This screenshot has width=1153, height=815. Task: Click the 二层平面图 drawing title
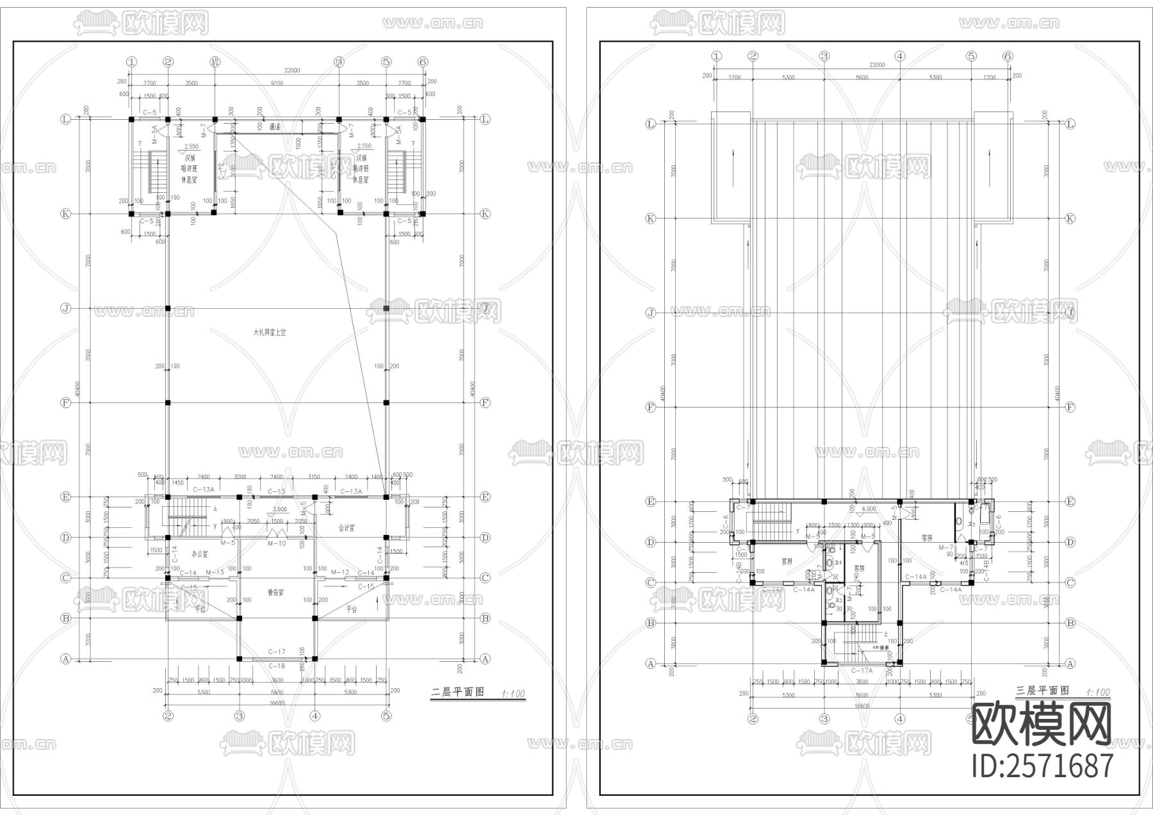(x=458, y=693)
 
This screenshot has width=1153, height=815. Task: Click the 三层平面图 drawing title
(x=1043, y=691)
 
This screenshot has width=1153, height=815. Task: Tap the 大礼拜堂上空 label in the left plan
(x=269, y=333)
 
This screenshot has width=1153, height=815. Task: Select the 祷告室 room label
(x=277, y=593)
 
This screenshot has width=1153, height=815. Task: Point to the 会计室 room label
(x=347, y=529)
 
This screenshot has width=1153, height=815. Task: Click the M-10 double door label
(x=276, y=543)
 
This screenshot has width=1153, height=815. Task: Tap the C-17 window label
(x=277, y=652)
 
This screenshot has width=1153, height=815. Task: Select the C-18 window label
(x=277, y=666)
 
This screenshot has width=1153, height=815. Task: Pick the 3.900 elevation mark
(x=279, y=509)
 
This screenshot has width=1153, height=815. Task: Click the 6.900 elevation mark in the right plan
(x=869, y=509)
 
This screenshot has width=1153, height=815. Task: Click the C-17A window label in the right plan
(x=862, y=670)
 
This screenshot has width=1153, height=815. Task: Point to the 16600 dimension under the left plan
(x=277, y=702)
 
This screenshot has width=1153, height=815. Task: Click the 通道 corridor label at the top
(x=276, y=127)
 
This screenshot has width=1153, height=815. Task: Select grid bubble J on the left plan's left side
(x=65, y=308)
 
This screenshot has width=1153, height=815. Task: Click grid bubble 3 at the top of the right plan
(x=824, y=56)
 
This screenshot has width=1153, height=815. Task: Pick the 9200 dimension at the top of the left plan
(x=276, y=83)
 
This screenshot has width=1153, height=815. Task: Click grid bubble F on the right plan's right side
(x=1070, y=407)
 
